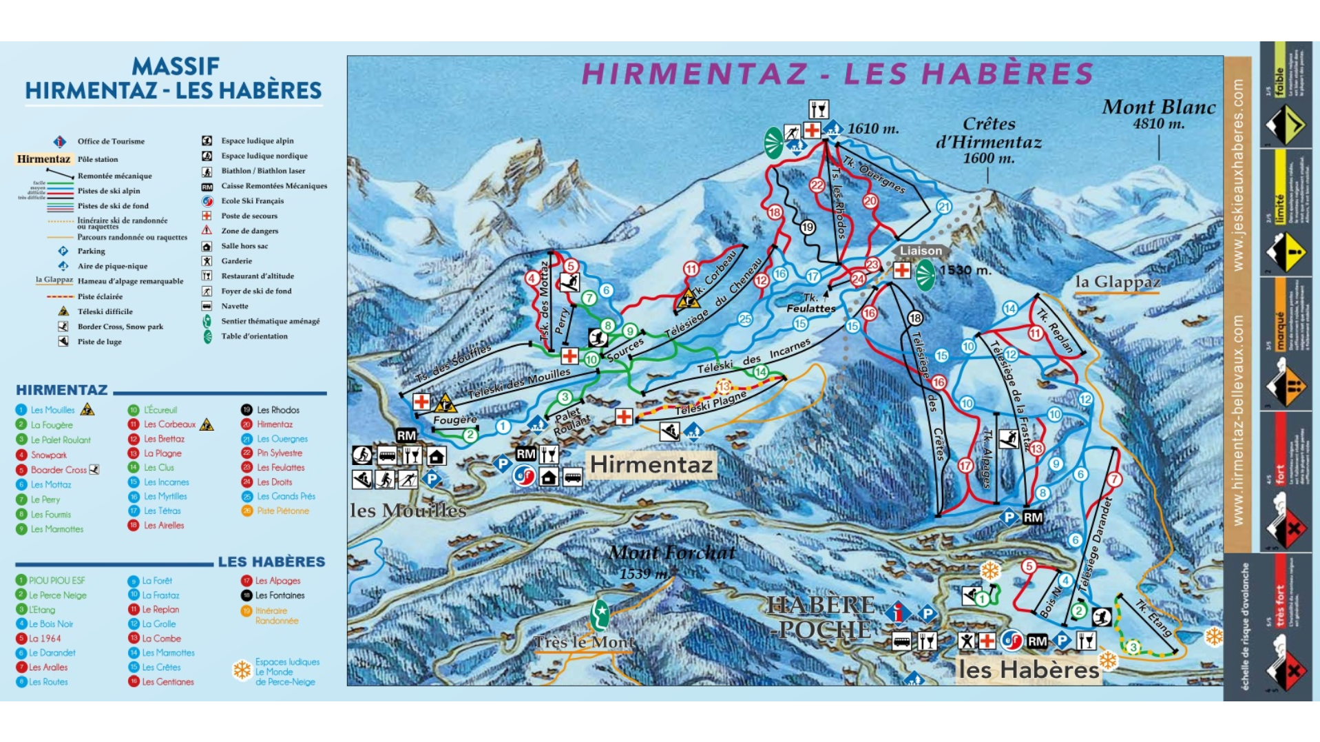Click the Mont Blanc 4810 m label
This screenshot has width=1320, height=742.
coord(1158,114)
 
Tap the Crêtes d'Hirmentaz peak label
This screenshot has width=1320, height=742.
coord(988,141)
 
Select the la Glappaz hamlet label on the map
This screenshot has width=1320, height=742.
coord(1118,282)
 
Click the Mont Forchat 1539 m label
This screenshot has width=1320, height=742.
coord(671,561)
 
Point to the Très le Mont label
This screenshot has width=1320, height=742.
coord(585,642)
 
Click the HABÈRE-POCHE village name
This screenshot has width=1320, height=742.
coord(821,617)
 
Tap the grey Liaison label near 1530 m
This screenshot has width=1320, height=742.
coord(921,251)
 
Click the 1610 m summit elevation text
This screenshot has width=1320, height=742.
coord(872,129)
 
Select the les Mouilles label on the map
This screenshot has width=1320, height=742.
coord(408,511)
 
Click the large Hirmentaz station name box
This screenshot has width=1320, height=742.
coord(651,465)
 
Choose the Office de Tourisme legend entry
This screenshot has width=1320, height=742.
coord(110,141)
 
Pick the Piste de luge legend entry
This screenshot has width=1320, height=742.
coord(99,342)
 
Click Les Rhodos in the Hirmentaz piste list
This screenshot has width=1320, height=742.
coord(277,410)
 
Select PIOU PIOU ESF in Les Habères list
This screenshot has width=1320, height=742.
coord(56,581)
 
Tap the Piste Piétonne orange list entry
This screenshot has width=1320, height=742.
coord(282,511)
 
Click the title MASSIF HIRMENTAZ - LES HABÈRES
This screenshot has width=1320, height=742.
coord(174,79)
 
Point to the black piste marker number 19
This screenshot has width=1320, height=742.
coord(807,227)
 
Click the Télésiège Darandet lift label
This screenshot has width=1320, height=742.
coord(1093,544)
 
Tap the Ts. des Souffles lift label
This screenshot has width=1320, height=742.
coord(453,362)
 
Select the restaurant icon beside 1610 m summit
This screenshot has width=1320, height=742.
coord(818,109)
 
